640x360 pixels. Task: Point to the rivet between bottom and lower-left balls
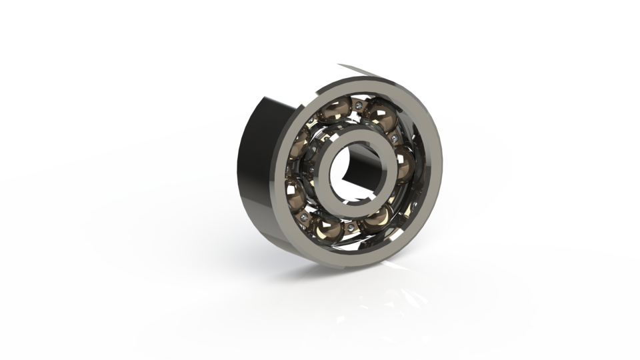305,216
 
